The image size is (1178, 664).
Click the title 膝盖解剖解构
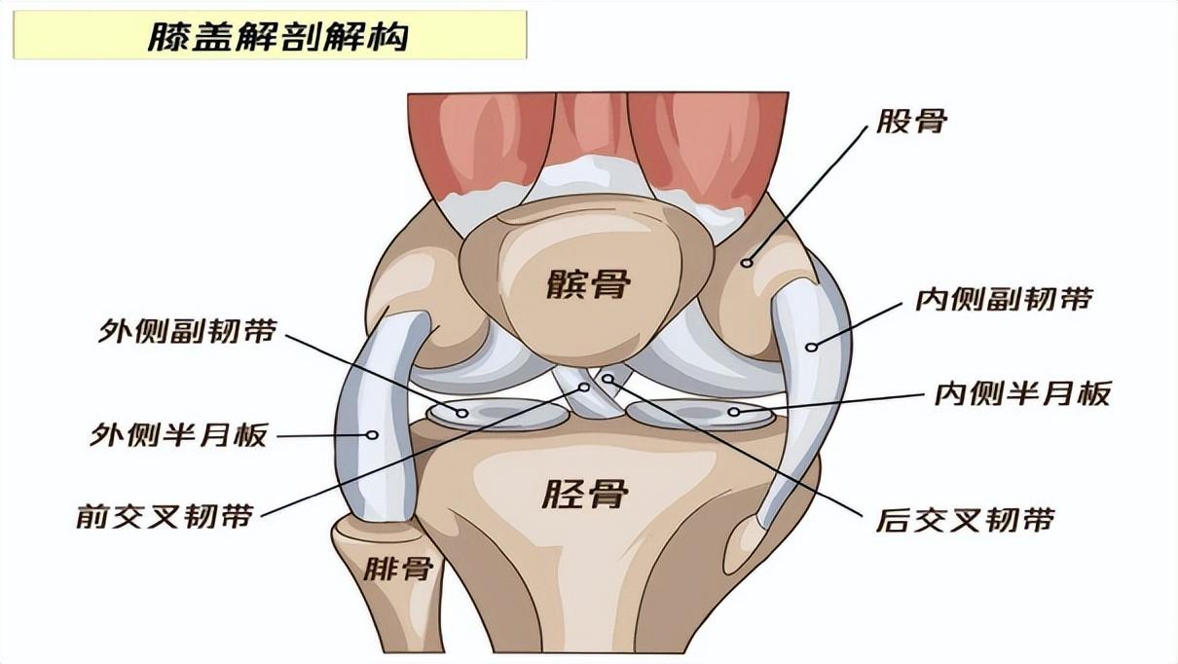click(x=277, y=36)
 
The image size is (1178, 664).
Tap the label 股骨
click(x=911, y=121)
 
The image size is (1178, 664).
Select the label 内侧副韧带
click(x=1005, y=299)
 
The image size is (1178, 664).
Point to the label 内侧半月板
click(x=1022, y=393)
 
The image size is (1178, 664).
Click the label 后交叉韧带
click(x=966, y=520)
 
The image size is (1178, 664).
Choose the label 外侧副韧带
click(x=187, y=330)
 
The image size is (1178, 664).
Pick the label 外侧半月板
click(x=178, y=435)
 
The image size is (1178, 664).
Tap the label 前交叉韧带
click(x=165, y=516)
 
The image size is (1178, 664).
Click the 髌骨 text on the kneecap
click(x=588, y=284)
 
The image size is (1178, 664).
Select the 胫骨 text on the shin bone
click(x=585, y=494)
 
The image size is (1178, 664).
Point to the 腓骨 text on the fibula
click(x=398, y=568)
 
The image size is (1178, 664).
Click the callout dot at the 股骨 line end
click(x=748, y=262)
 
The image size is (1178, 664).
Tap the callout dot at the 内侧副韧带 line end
click(x=811, y=347)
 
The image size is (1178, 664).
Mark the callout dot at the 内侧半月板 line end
click(x=734, y=412)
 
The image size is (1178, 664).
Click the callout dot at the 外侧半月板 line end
click(x=372, y=435)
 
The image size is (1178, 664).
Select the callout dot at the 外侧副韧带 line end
click(x=462, y=413)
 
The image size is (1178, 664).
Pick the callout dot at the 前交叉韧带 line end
click(x=584, y=387)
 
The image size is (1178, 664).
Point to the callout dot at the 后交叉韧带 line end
click(x=607, y=379)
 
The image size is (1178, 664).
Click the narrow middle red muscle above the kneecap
click(x=593, y=127)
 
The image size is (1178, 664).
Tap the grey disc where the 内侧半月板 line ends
click(x=701, y=413)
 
